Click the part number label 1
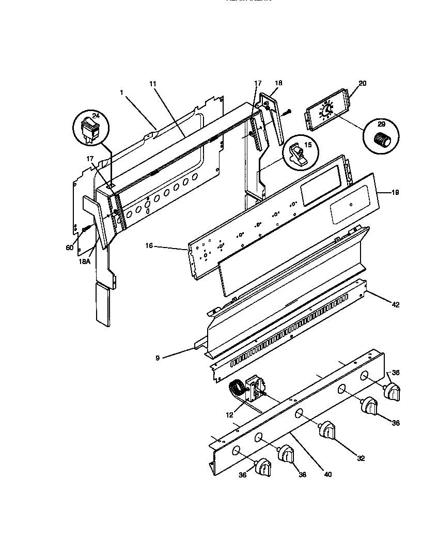click(121, 93)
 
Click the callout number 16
click(149, 246)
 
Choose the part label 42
click(396, 305)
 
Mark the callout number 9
click(158, 357)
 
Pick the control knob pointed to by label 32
click(328, 430)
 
